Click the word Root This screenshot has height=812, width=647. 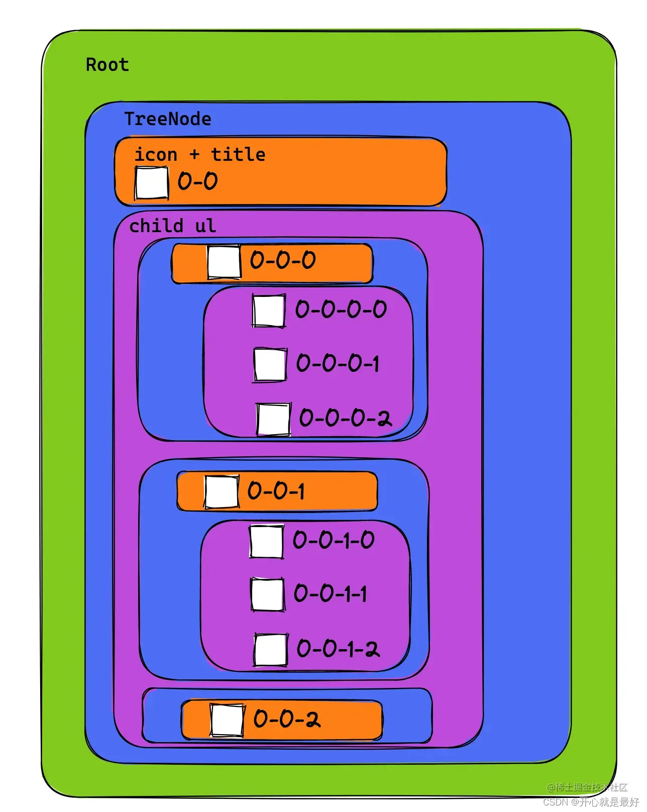pyautogui.click(x=107, y=65)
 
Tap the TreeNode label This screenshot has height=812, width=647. pyautogui.click(x=168, y=119)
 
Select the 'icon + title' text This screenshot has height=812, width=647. pyautogui.click(x=200, y=154)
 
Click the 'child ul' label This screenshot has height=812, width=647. pyautogui.click(x=173, y=226)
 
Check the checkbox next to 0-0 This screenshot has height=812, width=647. pyautogui.click(x=152, y=183)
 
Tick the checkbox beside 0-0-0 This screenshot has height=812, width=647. pyautogui.click(x=224, y=262)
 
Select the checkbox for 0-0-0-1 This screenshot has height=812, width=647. pyautogui.click(x=270, y=364)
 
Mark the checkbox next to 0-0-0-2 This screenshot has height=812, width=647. pyautogui.click(x=273, y=419)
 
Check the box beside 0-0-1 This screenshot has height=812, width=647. pyautogui.click(x=222, y=491)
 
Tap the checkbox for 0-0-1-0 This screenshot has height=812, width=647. pyautogui.click(x=266, y=541)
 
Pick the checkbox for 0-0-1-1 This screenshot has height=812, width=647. pyautogui.click(x=268, y=594)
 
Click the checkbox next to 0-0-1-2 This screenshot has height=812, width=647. pyautogui.click(x=271, y=650)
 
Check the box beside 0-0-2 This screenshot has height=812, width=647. pyautogui.click(x=227, y=720)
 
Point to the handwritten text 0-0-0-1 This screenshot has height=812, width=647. pyautogui.click(x=338, y=363)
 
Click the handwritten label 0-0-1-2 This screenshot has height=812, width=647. pyautogui.click(x=338, y=648)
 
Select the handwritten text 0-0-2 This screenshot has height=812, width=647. pyautogui.click(x=287, y=719)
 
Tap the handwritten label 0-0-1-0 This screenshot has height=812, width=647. pyautogui.click(x=334, y=540)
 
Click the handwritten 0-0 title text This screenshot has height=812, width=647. pyautogui.click(x=197, y=181)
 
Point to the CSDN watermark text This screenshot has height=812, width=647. pyautogui.click(x=591, y=802)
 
